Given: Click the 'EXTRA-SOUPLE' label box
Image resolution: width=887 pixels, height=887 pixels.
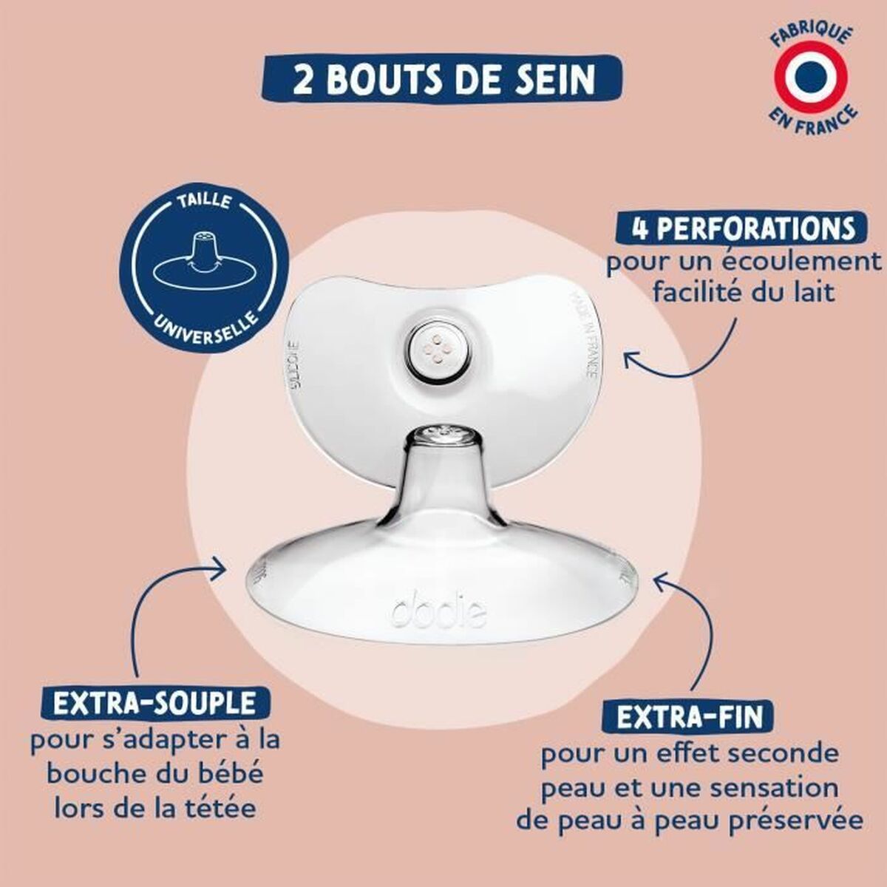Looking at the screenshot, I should point(154,701).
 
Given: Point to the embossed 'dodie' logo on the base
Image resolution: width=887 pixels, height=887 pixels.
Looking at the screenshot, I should point(438,611).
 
